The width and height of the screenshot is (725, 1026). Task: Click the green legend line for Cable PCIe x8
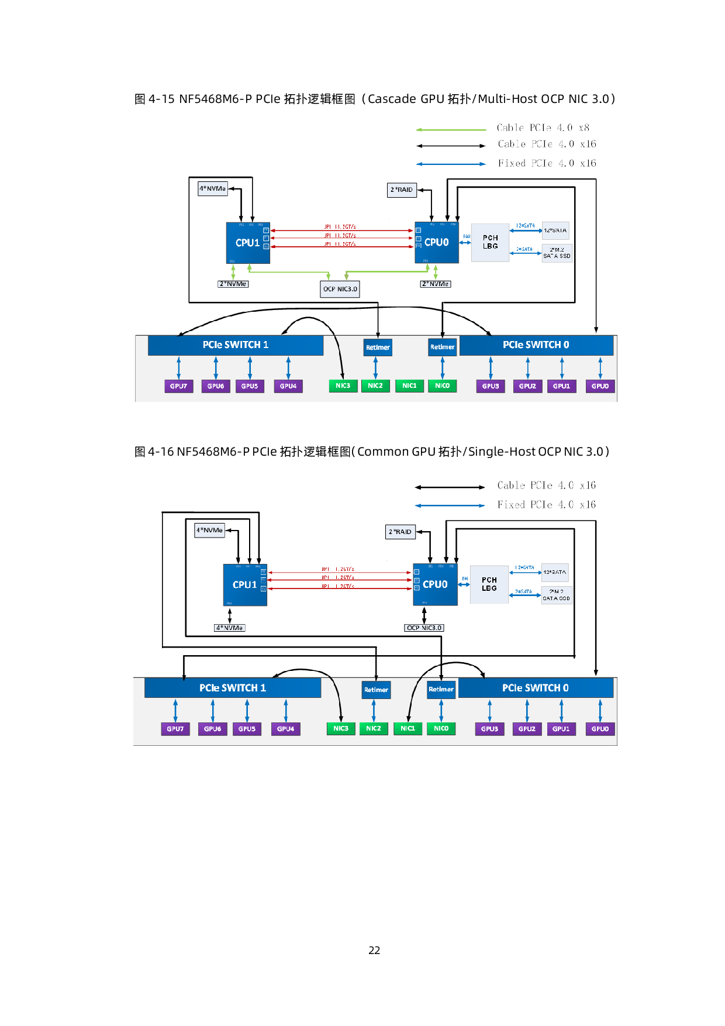click(x=451, y=129)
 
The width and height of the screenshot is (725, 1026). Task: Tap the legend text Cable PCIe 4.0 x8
click(x=543, y=128)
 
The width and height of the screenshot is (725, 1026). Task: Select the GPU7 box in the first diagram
click(x=178, y=386)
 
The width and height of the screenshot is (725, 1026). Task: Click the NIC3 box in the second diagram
click(x=341, y=729)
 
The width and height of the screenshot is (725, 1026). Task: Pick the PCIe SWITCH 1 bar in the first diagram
click(x=235, y=345)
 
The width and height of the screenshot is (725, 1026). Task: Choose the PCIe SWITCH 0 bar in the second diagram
click(x=535, y=688)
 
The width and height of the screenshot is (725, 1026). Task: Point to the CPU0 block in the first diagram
click(x=437, y=242)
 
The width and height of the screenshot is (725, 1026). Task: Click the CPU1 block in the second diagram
click(x=245, y=584)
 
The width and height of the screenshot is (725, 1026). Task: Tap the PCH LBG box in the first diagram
click(x=490, y=242)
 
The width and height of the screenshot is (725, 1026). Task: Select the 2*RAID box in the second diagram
click(x=401, y=532)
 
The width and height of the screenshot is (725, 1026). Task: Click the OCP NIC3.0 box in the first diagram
click(x=340, y=289)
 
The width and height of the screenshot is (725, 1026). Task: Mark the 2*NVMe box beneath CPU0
click(x=436, y=284)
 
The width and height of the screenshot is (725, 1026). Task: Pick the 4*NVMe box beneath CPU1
click(x=230, y=628)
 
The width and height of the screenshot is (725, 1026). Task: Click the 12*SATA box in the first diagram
click(x=555, y=230)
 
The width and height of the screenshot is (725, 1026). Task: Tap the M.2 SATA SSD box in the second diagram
click(x=556, y=595)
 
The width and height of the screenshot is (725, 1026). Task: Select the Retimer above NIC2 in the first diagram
click(x=378, y=347)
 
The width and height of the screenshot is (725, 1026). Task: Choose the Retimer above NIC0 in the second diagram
click(x=441, y=689)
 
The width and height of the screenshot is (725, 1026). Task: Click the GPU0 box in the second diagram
click(x=600, y=729)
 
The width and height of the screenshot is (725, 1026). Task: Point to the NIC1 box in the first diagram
click(x=409, y=386)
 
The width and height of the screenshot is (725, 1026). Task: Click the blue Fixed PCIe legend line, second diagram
click(x=450, y=505)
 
